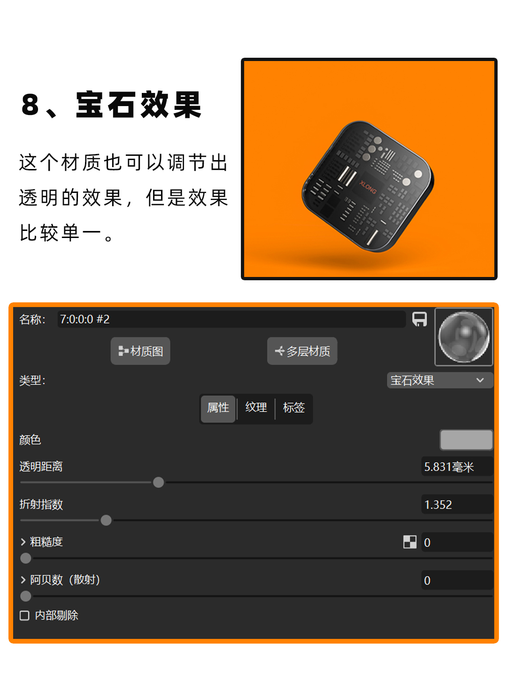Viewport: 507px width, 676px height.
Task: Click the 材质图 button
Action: (x=140, y=351)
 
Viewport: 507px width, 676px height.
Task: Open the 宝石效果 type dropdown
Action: (x=439, y=380)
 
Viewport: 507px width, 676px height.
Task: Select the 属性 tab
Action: (x=218, y=408)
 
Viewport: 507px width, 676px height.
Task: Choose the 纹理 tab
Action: (x=256, y=408)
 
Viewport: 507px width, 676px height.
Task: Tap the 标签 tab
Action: (x=294, y=408)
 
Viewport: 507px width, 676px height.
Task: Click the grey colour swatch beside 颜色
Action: (x=466, y=440)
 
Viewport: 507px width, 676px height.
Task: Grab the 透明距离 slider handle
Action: (x=159, y=482)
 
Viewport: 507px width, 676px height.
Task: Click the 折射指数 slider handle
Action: (x=106, y=520)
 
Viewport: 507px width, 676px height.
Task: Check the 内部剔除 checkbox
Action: (x=25, y=615)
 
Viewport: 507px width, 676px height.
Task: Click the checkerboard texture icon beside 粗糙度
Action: (x=410, y=542)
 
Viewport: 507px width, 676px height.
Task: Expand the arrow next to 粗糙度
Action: (x=23, y=542)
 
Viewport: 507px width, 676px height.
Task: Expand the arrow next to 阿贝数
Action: (x=23, y=580)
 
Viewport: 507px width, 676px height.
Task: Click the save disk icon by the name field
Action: (x=419, y=319)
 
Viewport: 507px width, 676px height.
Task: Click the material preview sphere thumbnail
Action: (x=464, y=337)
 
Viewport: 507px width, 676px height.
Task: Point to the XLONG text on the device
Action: (x=368, y=187)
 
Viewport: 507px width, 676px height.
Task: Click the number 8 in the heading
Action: (x=30, y=105)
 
